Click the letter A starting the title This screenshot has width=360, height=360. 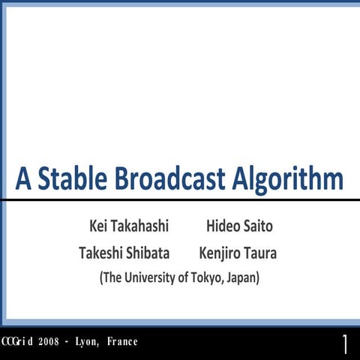click(x=24, y=179)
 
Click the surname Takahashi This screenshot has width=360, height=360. click(x=141, y=226)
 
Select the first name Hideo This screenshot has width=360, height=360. click(x=223, y=226)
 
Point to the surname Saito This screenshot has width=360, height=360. click(x=258, y=226)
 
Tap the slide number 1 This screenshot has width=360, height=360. click(x=345, y=343)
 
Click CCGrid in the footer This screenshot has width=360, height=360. click(x=17, y=342)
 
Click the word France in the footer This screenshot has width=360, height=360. click(x=122, y=342)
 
